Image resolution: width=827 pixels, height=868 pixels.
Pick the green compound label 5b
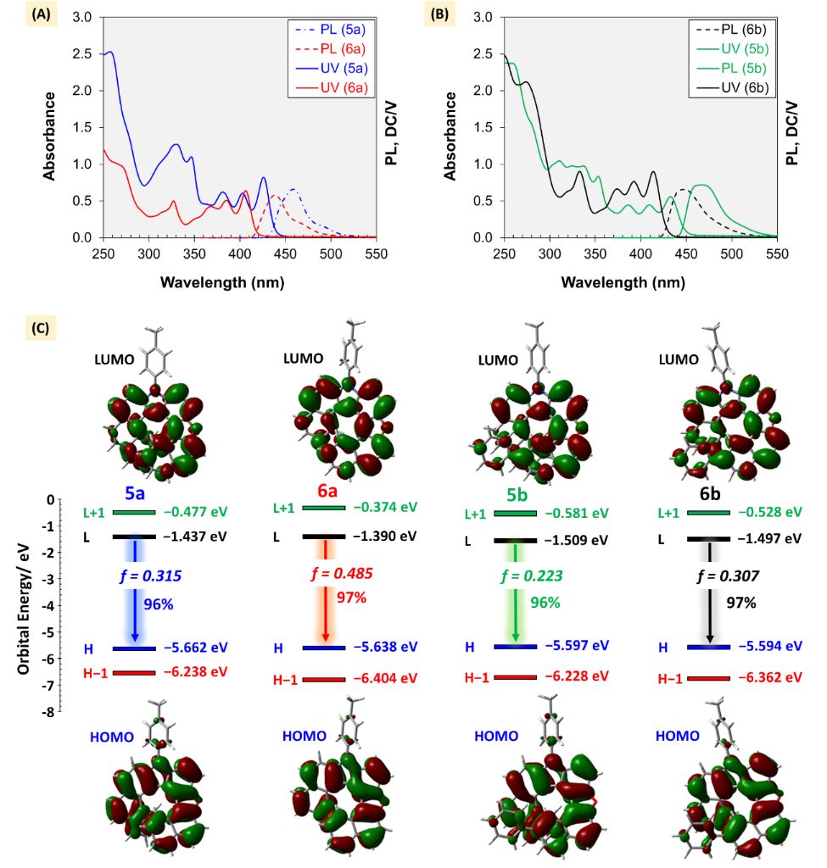point(515,492)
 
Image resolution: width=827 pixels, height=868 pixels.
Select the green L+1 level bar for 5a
point(133,512)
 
